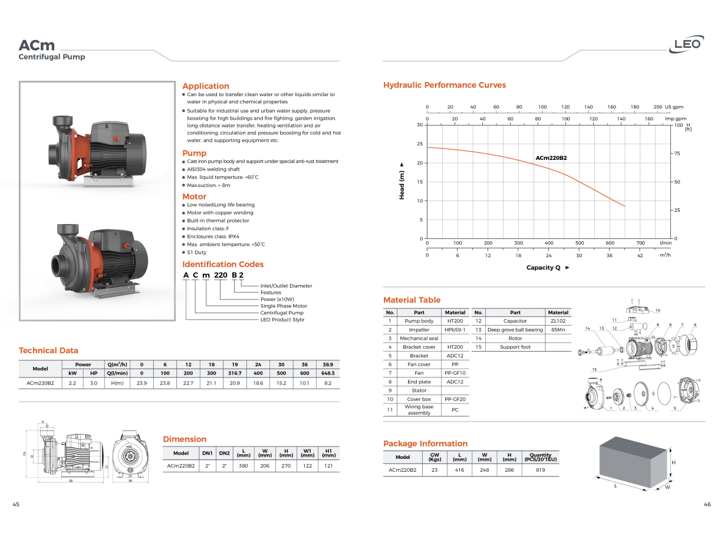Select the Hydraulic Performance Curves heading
coord(444,85)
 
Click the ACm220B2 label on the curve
coord(551,158)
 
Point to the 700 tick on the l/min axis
coord(640,243)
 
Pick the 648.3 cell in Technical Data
coord(328,373)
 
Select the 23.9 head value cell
coord(141,383)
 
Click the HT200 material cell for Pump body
coord(455,321)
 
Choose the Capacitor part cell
coord(515,321)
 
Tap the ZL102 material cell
coord(558,321)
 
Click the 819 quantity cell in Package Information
coord(540,470)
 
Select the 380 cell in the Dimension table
coord(243,465)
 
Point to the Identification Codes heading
coord(223,264)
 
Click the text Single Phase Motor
coord(284,306)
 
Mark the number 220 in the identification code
coord(221,275)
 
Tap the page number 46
coord(707,504)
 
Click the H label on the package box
coord(673,462)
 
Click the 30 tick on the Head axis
coord(420,125)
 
